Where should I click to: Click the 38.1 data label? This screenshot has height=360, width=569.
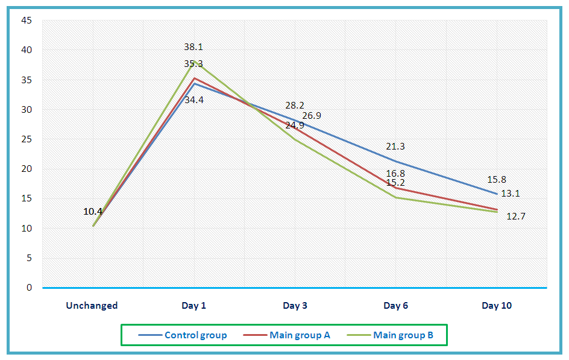pos(194,46)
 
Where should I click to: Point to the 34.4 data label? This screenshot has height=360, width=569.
pos(194,100)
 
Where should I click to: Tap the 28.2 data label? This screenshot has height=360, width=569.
pos(295,106)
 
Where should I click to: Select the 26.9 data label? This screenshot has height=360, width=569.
pos(312,115)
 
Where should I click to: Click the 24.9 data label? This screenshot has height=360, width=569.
pos(295,125)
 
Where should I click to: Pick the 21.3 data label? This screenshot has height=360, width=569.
pos(395,147)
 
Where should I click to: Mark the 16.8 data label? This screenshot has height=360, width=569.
pos(395,174)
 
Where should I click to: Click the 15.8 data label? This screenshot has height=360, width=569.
pos(496,179)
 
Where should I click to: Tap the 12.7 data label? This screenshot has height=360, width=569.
pos(516,216)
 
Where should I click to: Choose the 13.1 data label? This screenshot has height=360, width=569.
pos(511,194)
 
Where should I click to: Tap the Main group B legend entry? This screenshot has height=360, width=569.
pos(403,335)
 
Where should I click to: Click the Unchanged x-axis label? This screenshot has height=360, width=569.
pos(92,306)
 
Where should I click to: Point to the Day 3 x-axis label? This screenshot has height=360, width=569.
pos(295,306)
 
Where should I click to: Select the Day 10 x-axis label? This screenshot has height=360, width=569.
pos(497,306)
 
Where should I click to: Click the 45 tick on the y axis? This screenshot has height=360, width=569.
pos(28,21)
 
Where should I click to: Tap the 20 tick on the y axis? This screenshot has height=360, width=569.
pos(28,169)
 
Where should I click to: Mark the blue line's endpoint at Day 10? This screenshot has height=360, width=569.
pos(497,194)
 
